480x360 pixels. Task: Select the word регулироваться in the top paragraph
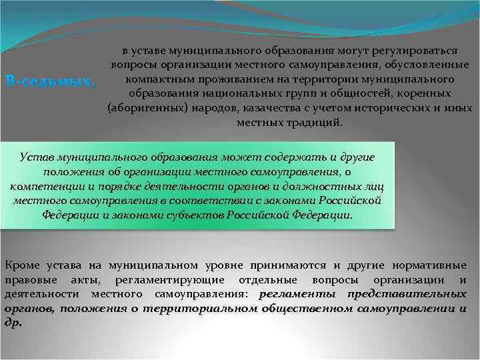(417, 51)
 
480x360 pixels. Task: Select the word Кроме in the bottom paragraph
(20, 266)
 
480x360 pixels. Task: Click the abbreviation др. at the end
(13, 323)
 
